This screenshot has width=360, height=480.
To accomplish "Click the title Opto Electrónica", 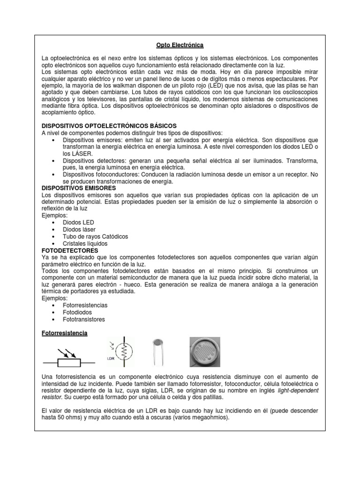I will pyautogui.click(x=180, y=45).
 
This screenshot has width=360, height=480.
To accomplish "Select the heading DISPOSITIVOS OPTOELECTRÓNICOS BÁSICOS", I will pyautogui.click(x=109, y=126).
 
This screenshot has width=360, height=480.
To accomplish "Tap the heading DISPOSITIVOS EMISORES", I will pyautogui.click(x=79, y=188).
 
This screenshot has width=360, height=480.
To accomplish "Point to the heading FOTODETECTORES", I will pyautogui.click(x=70, y=250).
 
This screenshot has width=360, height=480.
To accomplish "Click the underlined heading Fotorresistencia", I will pyautogui.click(x=65, y=333).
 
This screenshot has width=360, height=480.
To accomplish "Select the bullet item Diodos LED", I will pyautogui.click(x=78, y=222).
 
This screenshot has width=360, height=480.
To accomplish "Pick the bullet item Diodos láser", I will pyautogui.click(x=79, y=229).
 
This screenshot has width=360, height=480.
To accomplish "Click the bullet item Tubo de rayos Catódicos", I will pyautogui.click(x=95, y=237).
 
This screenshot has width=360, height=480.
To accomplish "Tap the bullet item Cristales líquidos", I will pyautogui.click(x=85, y=244).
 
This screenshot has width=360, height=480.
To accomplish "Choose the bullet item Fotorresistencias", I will pyautogui.click(x=85, y=305).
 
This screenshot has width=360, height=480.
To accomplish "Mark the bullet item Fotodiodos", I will pyautogui.click(x=77, y=312).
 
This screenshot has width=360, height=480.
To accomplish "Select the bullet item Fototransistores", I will pyautogui.click(x=84, y=319).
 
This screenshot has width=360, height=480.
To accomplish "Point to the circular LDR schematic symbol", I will pyautogui.click(x=125, y=352).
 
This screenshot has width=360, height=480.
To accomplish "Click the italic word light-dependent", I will pyautogui.click(x=298, y=390).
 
